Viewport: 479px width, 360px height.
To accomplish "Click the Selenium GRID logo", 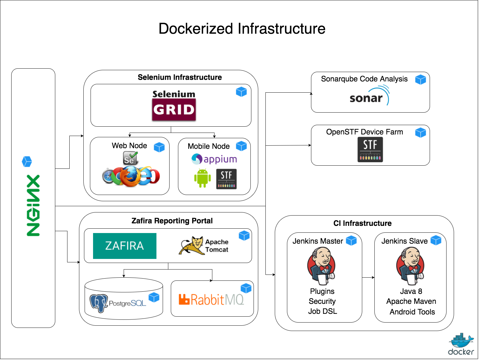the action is [174, 105].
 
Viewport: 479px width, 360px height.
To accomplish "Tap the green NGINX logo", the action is [33, 206].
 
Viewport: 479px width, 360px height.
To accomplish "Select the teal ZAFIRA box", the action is [125, 246].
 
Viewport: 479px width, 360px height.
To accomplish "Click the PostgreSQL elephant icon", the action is [99, 303].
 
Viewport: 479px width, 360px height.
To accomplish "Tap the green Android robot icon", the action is [203, 178].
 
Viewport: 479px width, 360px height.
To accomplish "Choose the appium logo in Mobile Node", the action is [214, 159].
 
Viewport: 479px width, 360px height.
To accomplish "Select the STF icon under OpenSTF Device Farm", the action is [371, 150].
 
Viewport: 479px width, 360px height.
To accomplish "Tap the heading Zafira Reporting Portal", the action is [172, 221].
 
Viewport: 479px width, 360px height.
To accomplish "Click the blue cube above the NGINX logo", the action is [27, 162].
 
